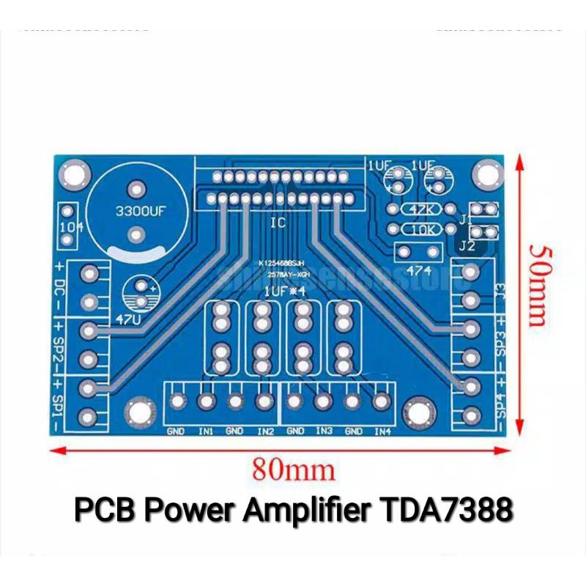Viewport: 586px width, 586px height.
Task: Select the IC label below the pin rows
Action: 277,223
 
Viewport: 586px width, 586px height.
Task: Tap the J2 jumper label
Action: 467,247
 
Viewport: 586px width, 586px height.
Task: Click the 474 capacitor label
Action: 414,271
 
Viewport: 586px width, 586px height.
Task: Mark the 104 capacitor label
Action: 70,226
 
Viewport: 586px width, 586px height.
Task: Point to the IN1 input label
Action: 205,431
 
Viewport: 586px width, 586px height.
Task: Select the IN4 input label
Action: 382,431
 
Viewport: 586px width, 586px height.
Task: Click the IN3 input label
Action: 324,431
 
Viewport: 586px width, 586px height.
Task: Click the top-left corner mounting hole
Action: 74,174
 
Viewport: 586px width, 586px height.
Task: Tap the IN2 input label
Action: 264,431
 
